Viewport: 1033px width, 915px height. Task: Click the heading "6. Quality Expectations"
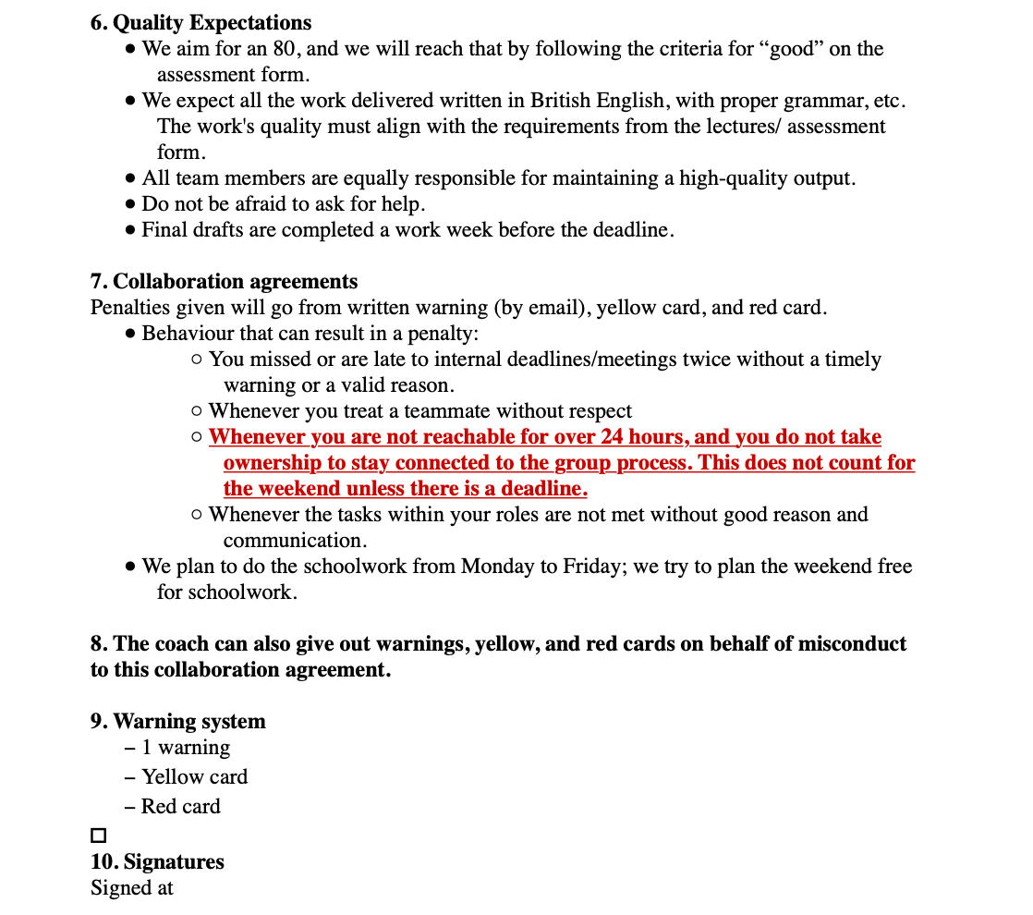click(x=201, y=22)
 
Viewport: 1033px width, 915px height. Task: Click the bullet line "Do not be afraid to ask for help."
click(x=283, y=203)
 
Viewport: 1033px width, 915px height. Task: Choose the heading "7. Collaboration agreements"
click(x=224, y=281)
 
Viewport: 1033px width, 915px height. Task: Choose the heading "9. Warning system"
click(x=177, y=721)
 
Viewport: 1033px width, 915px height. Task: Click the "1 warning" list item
click(x=186, y=747)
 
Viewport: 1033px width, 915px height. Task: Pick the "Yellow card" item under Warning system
click(x=194, y=776)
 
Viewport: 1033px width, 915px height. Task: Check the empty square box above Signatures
click(x=99, y=836)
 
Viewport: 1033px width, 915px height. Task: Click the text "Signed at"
click(x=131, y=887)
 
